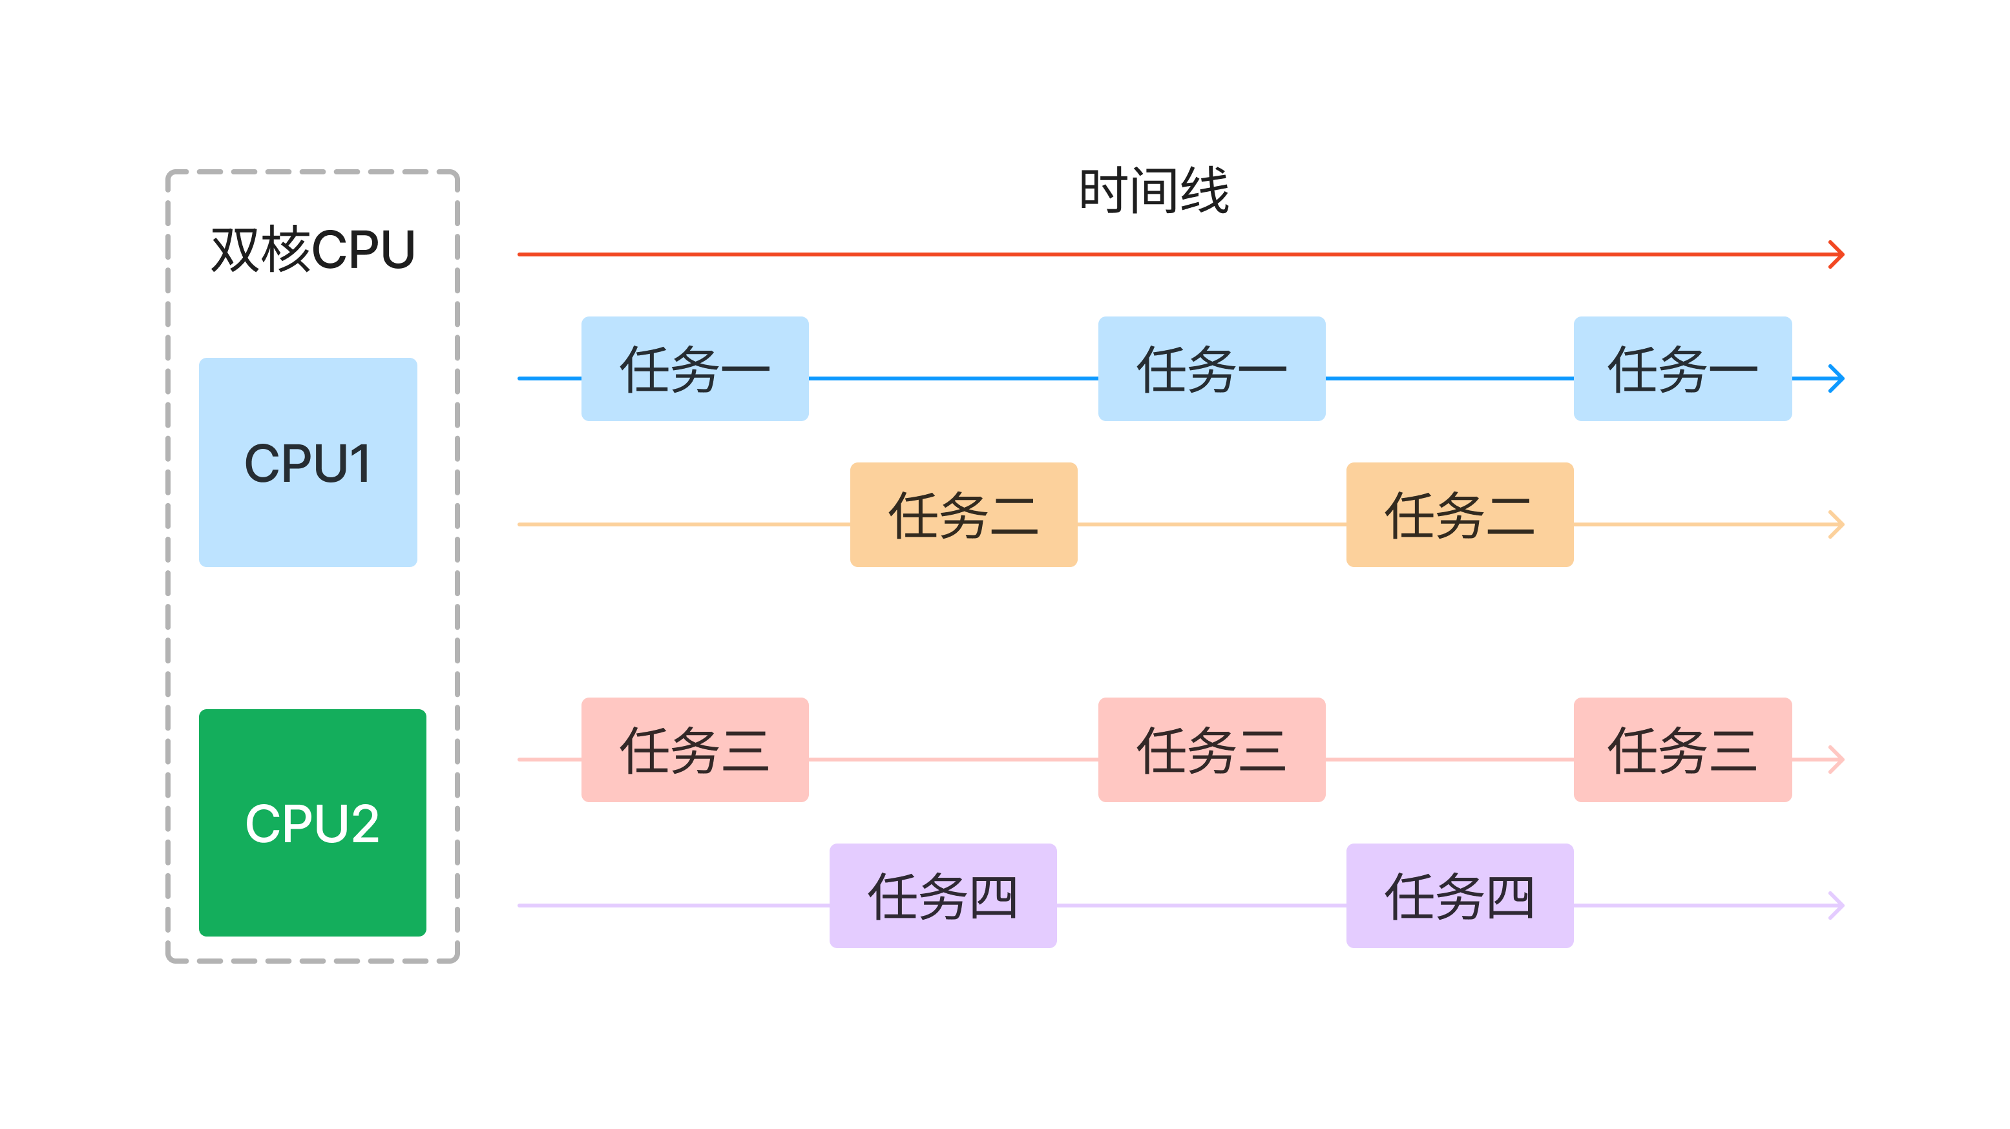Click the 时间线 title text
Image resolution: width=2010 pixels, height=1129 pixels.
(x=1153, y=191)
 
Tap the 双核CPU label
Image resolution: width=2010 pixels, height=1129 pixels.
(x=312, y=250)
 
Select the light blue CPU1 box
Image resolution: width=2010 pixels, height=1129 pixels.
(x=308, y=462)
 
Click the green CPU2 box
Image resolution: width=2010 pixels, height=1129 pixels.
(x=312, y=822)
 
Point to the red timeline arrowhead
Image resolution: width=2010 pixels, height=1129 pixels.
(x=1837, y=254)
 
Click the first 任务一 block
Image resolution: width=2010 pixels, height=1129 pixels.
(x=695, y=369)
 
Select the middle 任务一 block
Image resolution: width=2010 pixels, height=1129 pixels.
(x=1211, y=369)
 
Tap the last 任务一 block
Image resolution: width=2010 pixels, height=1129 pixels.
(x=1682, y=369)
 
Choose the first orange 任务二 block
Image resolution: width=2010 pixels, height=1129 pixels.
(x=963, y=515)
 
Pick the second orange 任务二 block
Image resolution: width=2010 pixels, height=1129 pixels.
(x=1459, y=515)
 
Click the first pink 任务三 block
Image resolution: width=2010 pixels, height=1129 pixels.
(x=695, y=750)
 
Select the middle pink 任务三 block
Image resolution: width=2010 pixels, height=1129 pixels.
(x=1211, y=750)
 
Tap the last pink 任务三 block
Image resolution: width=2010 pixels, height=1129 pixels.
(x=1682, y=750)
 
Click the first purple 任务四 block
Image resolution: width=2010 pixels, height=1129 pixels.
(x=943, y=896)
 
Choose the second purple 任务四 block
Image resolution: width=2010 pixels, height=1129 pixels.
(x=1459, y=896)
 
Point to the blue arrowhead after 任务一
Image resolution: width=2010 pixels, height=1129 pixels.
(x=1837, y=378)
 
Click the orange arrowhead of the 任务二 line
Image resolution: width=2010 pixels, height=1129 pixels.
(x=1837, y=524)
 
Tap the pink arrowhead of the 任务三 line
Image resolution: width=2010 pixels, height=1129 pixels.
(x=1837, y=759)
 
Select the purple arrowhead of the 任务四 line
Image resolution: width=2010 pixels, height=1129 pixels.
(x=1837, y=905)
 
